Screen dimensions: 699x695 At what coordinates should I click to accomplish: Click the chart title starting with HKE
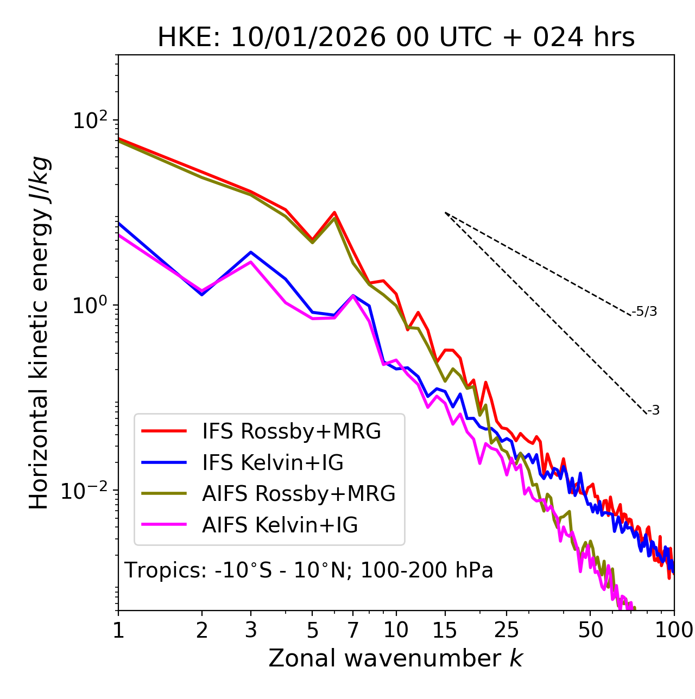pyautogui.click(x=396, y=38)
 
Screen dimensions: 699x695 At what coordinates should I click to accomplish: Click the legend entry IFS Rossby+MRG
pyautogui.click(x=291, y=431)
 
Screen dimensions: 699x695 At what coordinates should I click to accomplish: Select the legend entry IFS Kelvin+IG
pyautogui.click(x=273, y=462)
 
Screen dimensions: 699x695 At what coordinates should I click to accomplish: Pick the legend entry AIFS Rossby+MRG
pyautogui.click(x=299, y=493)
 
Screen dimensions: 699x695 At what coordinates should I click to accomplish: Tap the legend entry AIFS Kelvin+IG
pyautogui.click(x=280, y=525)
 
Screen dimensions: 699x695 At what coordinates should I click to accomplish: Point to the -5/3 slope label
pyautogui.click(x=645, y=312)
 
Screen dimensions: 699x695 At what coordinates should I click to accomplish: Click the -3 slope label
pyautogui.click(x=653, y=410)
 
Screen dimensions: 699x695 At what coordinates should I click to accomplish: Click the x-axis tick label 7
pyautogui.click(x=353, y=630)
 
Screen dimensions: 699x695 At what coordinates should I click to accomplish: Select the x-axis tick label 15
pyautogui.click(x=445, y=630)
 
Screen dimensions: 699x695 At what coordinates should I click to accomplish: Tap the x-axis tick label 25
pyautogui.click(x=507, y=630)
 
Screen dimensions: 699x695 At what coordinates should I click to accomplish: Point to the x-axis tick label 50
pyautogui.click(x=590, y=630)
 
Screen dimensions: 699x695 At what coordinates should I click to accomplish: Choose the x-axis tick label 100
pyautogui.click(x=673, y=630)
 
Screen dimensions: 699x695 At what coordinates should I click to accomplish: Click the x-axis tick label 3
pyautogui.click(x=251, y=630)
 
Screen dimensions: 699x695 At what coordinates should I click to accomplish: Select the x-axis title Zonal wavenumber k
pyautogui.click(x=396, y=659)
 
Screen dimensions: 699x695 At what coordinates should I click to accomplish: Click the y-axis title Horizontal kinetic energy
pyautogui.click(x=40, y=333)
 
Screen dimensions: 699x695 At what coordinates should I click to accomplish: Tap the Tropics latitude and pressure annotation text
pyautogui.click(x=309, y=570)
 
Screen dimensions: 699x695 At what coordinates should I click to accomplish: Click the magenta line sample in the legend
pyautogui.click(x=164, y=525)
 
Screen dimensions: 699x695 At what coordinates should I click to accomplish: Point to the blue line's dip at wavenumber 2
pyautogui.click(x=202, y=294)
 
